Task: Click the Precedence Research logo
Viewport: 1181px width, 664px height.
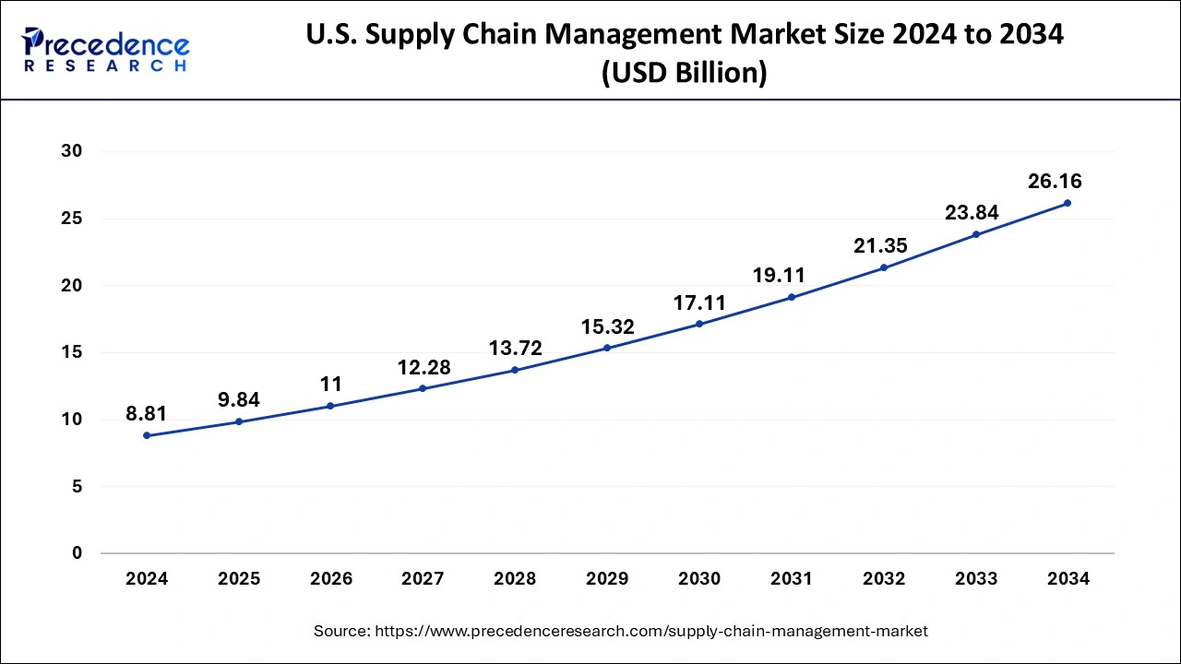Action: [x=105, y=48]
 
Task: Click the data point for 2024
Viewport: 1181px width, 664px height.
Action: [x=147, y=435]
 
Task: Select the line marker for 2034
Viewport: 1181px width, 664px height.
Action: [x=1068, y=203]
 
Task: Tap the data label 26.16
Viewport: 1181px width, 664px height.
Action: [x=1055, y=182]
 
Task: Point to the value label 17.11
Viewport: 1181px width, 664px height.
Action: [x=699, y=302]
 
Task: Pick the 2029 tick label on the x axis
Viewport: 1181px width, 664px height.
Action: [x=607, y=579]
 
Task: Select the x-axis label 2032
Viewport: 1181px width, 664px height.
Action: [x=884, y=579]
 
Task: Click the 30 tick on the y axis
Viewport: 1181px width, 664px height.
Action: [x=72, y=151]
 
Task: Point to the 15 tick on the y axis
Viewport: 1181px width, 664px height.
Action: [x=72, y=352]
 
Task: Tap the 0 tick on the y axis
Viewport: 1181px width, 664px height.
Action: [x=78, y=553]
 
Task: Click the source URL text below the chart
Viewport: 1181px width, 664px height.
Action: [x=620, y=631]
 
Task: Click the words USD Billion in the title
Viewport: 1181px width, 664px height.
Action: [x=684, y=73]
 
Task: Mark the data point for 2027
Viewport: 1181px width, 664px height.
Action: [x=423, y=388]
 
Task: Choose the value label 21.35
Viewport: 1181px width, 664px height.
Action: [x=880, y=246]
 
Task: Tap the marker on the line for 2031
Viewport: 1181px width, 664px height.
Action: [x=792, y=297]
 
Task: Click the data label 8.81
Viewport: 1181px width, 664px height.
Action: [x=147, y=414]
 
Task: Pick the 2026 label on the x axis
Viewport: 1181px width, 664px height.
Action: [x=331, y=579]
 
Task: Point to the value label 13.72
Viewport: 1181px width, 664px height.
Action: [x=515, y=349]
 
